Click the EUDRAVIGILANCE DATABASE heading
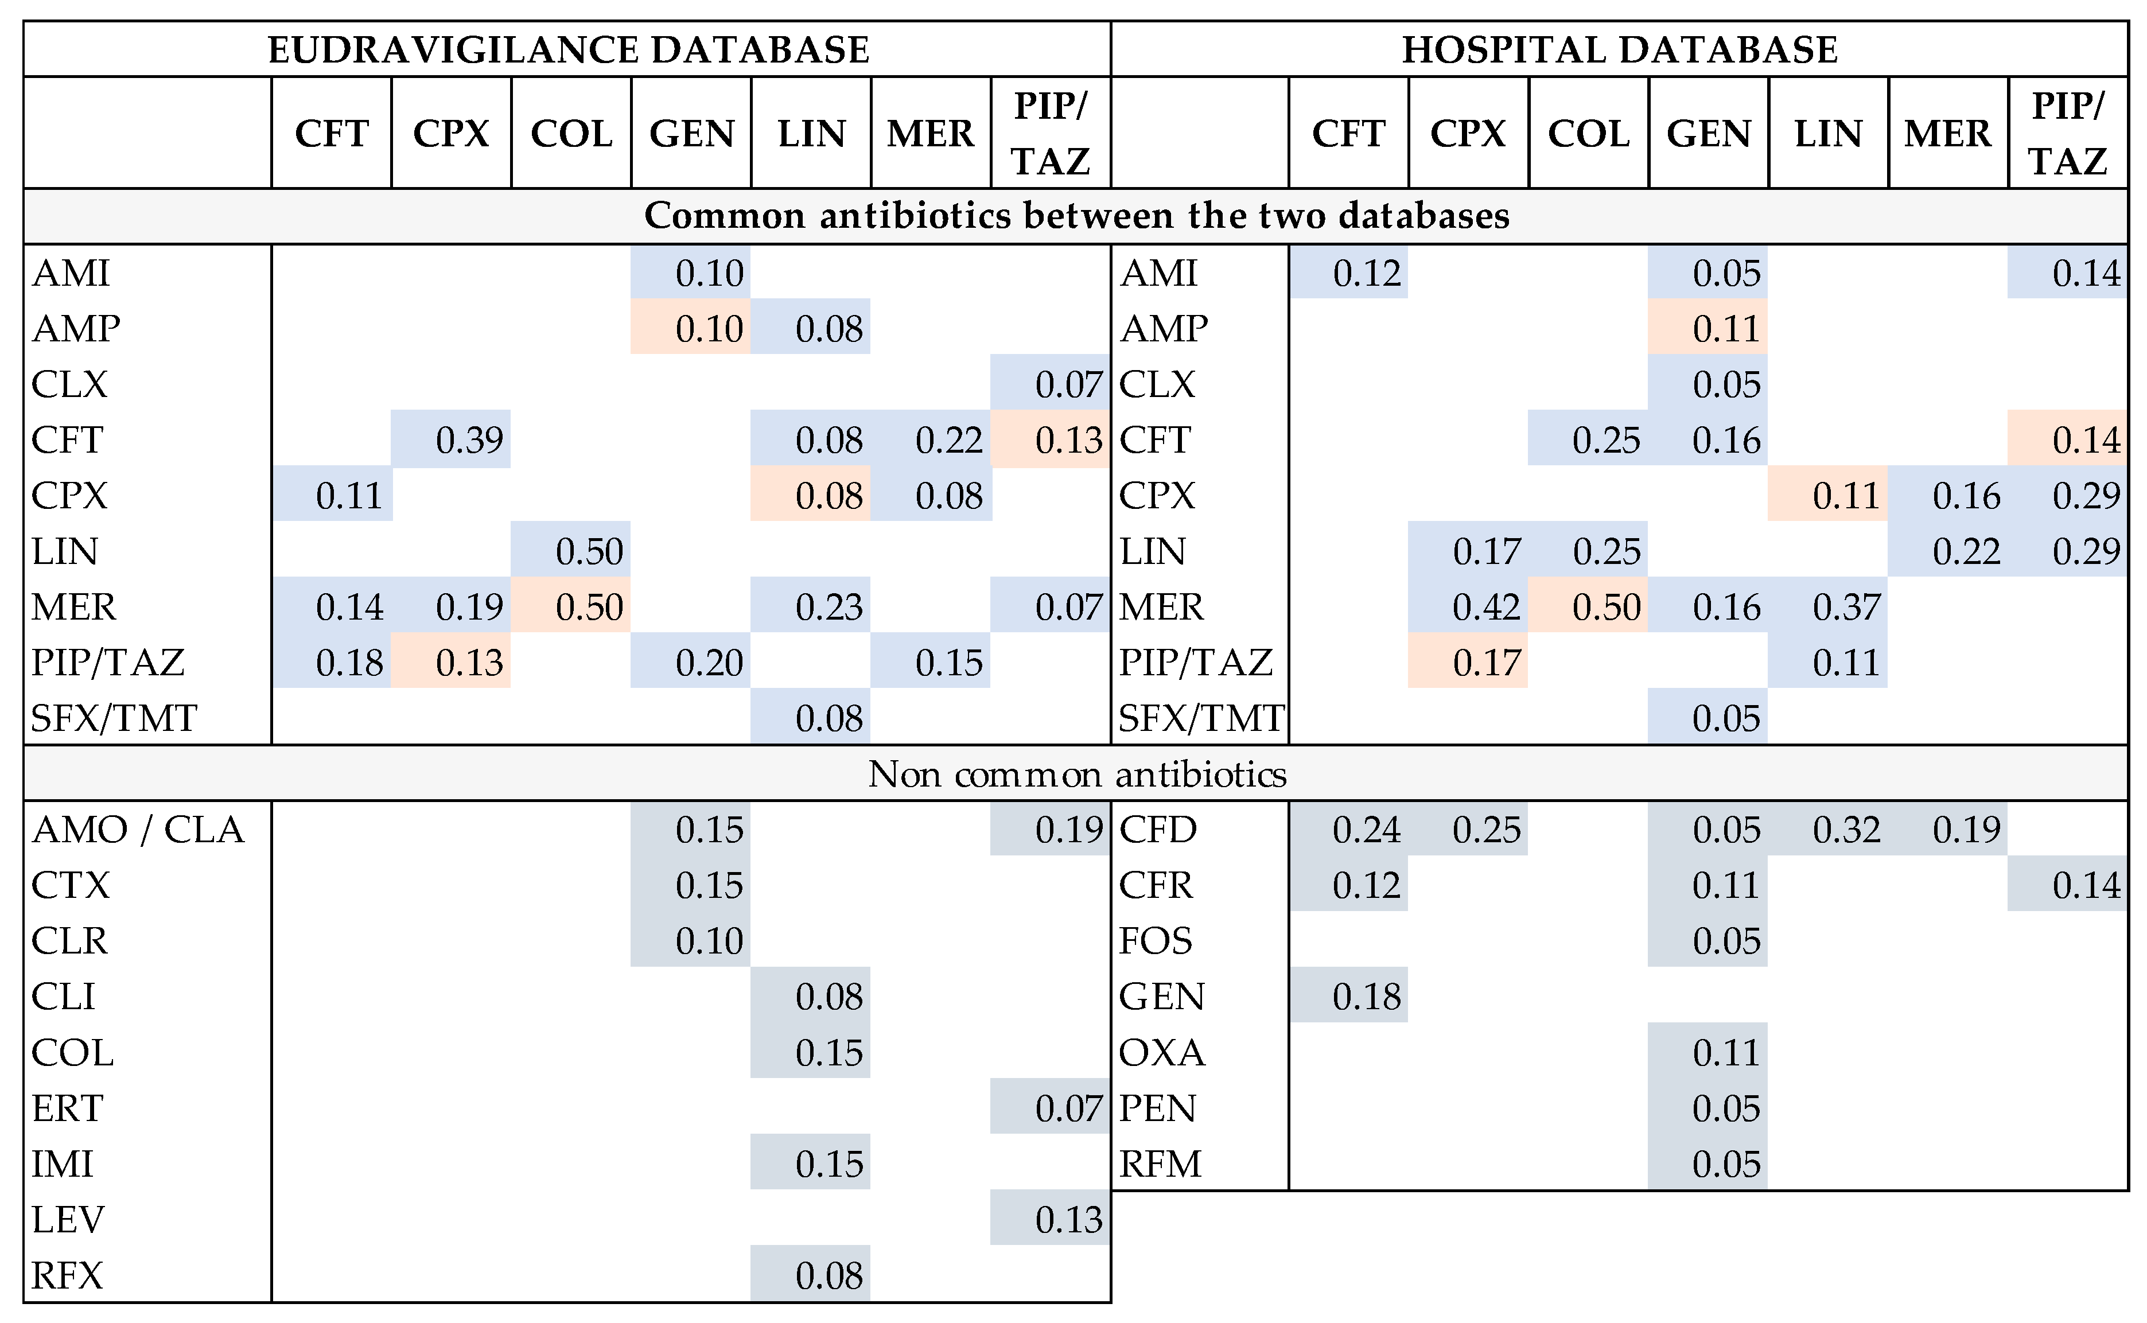pyautogui.click(x=568, y=50)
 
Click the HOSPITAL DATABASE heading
pyautogui.click(x=1620, y=50)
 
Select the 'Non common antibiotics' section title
pyautogui.click(x=1076, y=775)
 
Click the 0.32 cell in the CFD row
pyautogui.click(x=1846, y=830)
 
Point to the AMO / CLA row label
pyautogui.click(x=138, y=830)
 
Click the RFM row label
pyautogui.click(x=1160, y=1165)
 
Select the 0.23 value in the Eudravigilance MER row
pyautogui.click(x=829, y=607)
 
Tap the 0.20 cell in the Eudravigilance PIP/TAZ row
pyautogui.click(x=709, y=663)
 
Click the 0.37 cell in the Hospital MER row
pyautogui.click(x=1846, y=607)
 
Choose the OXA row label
pyautogui.click(x=1162, y=1053)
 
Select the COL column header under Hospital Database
pyautogui.click(x=1588, y=134)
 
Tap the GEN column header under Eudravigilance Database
pyautogui.click(x=691, y=134)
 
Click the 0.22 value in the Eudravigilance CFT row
pyautogui.click(x=948, y=440)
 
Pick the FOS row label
pyautogui.click(x=1155, y=941)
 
